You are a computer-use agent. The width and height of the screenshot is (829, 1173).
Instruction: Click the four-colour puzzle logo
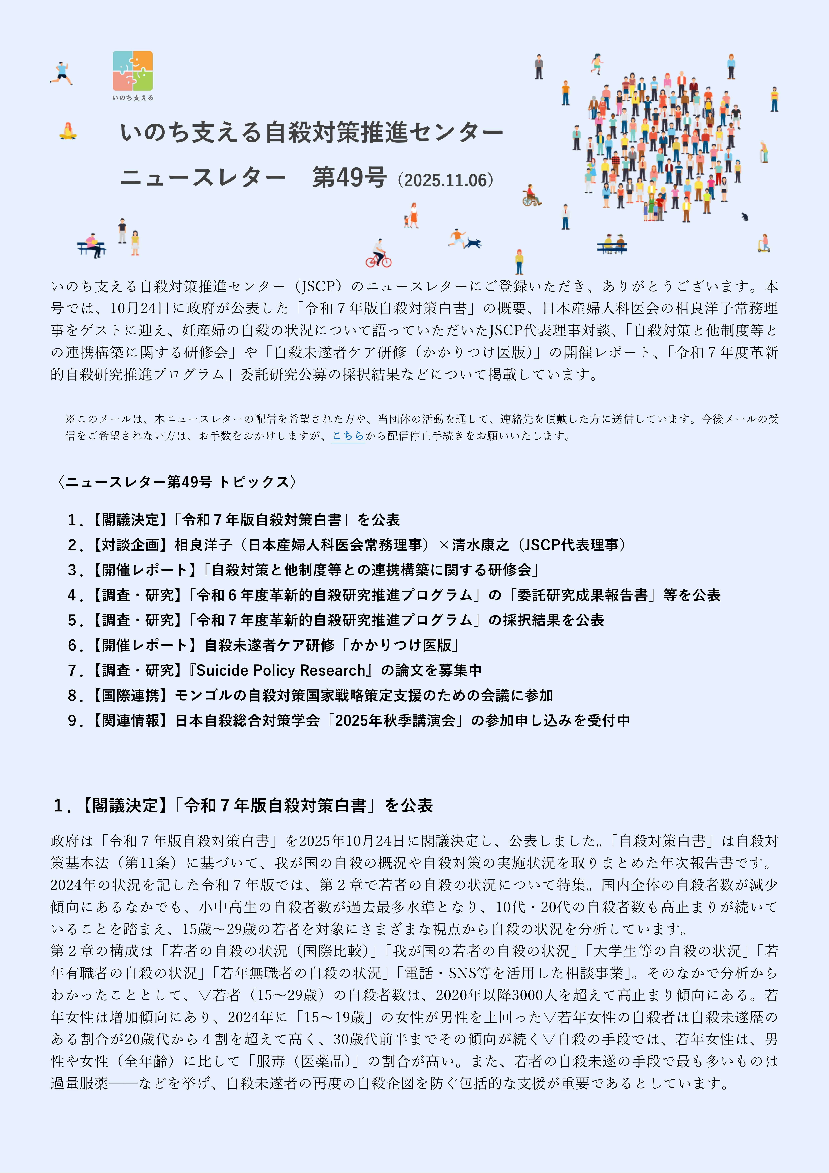(x=132, y=71)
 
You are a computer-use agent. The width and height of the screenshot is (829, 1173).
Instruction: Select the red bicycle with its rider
(x=378, y=255)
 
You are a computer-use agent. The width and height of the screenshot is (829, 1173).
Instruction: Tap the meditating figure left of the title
(x=67, y=131)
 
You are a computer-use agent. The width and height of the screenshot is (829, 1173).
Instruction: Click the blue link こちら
(x=348, y=436)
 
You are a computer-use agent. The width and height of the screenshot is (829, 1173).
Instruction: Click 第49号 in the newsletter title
(x=349, y=178)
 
